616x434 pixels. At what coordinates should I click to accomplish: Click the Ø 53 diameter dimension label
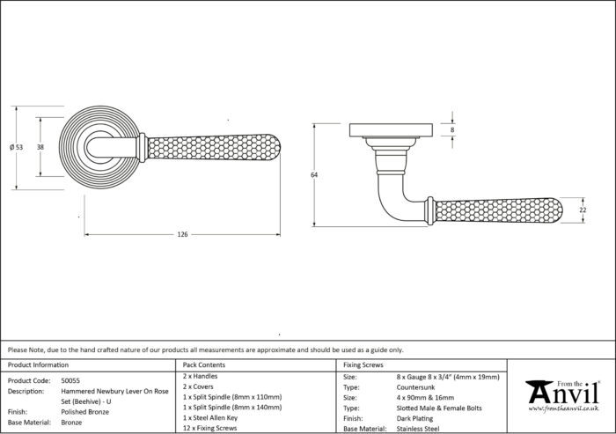coord(16,147)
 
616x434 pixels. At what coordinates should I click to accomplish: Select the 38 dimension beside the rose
coord(40,147)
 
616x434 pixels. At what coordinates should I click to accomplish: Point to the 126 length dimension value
coord(183,235)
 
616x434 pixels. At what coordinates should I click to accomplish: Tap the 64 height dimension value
coord(314,175)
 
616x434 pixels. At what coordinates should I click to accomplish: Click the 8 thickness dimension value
coord(452,129)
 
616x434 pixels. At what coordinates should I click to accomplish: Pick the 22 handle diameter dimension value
coord(583,210)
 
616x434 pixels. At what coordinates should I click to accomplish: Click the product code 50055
coord(70,380)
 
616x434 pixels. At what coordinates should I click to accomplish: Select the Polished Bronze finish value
coord(84,412)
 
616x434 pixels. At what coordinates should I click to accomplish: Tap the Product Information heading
coord(38,364)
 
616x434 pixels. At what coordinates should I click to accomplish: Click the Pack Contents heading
coord(204,364)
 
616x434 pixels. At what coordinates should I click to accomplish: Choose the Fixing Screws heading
coord(363,364)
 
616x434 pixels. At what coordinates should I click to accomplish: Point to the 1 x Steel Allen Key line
coord(210,418)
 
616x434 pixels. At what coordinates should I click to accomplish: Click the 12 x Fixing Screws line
coord(209,428)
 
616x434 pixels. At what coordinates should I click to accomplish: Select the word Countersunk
coord(415,387)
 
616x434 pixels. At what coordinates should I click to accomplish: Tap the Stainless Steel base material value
coord(418,429)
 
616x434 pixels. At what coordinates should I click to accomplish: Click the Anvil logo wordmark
coord(563,392)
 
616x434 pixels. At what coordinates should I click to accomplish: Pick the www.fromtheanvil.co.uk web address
coord(564,408)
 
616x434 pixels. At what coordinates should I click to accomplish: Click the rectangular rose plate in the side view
coord(392,130)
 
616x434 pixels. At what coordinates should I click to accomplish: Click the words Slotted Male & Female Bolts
coord(439,408)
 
